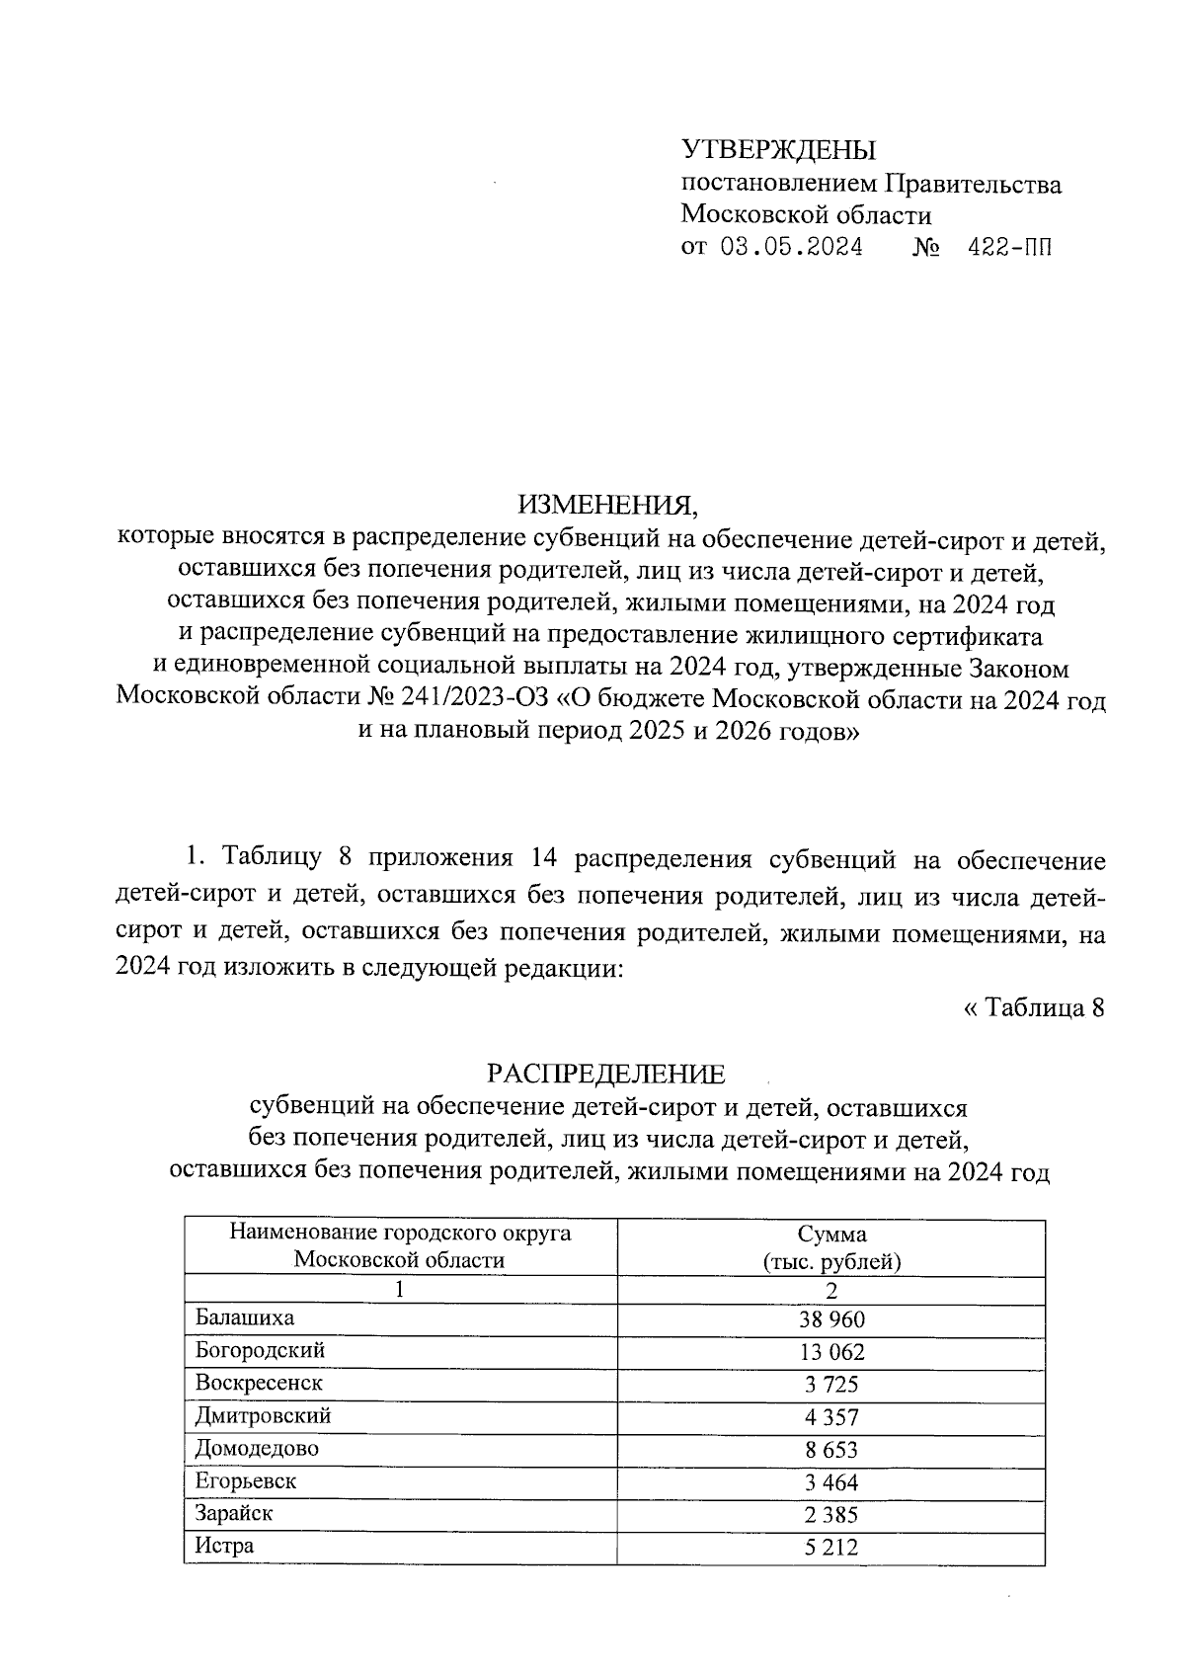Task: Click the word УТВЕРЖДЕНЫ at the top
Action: pyautogui.click(x=778, y=150)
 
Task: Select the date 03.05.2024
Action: pyautogui.click(x=791, y=247)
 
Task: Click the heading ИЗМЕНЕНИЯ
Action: pyautogui.click(x=608, y=505)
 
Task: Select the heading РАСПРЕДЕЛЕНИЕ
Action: pyautogui.click(x=606, y=1074)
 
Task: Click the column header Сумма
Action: pyautogui.click(x=831, y=1234)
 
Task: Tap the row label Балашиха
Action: pyautogui.click(x=245, y=1317)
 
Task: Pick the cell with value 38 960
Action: pyautogui.click(x=831, y=1319)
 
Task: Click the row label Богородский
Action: pyautogui.click(x=260, y=1350)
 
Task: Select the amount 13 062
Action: pyautogui.click(x=831, y=1352)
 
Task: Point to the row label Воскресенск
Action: pyautogui.click(x=259, y=1383)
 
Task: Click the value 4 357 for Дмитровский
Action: pyautogui.click(x=831, y=1417)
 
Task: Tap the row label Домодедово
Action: pyautogui.click(x=257, y=1449)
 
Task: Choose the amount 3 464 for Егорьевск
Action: pyautogui.click(x=831, y=1482)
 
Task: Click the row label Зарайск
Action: pyautogui.click(x=234, y=1513)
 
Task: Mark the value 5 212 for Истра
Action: pyautogui.click(x=831, y=1548)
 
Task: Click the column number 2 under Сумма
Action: pyautogui.click(x=831, y=1290)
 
